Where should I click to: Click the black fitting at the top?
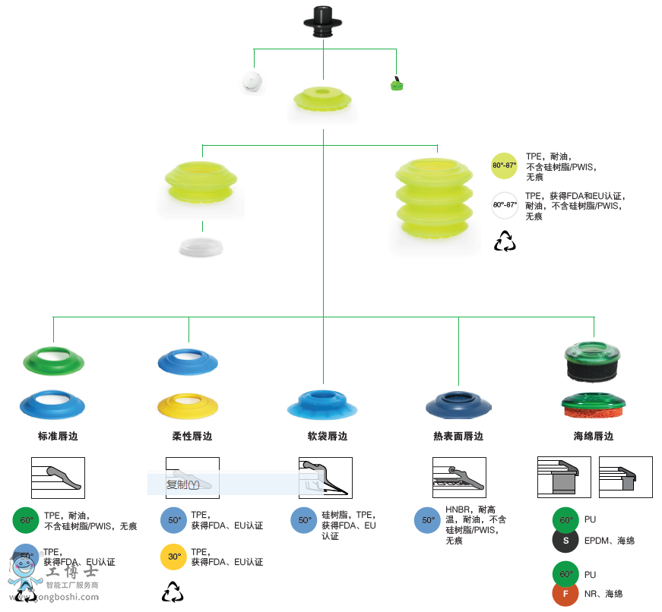(x=324, y=21)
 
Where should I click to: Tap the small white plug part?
(x=253, y=82)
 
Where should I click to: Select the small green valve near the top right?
(x=395, y=84)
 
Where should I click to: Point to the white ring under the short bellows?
(x=201, y=246)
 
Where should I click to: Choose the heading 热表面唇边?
(x=458, y=437)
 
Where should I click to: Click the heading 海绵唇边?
(x=594, y=437)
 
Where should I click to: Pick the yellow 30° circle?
(x=174, y=557)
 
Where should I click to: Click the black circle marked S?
(x=565, y=541)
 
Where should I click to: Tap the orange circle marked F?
(x=565, y=593)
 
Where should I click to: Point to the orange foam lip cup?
(x=593, y=409)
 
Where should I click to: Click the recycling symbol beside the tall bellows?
(x=505, y=241)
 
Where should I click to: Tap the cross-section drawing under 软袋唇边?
(x=325, y=478)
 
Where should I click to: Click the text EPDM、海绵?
(x=610, y=541)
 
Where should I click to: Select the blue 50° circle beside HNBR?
(x=427, y=520)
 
